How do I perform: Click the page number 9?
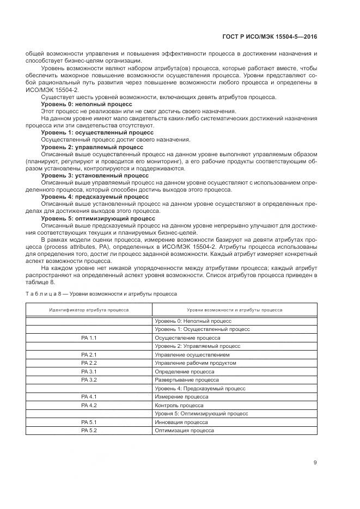point(315,463)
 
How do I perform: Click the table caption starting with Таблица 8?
point(101,293)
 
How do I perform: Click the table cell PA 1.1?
point(89,338)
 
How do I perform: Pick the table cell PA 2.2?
point(89,363)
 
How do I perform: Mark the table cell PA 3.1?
point(89,371)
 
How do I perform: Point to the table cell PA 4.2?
point(89,405)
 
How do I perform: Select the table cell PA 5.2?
point(89,430)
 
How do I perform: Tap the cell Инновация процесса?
point(181,422)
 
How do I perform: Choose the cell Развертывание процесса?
point(187,379)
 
